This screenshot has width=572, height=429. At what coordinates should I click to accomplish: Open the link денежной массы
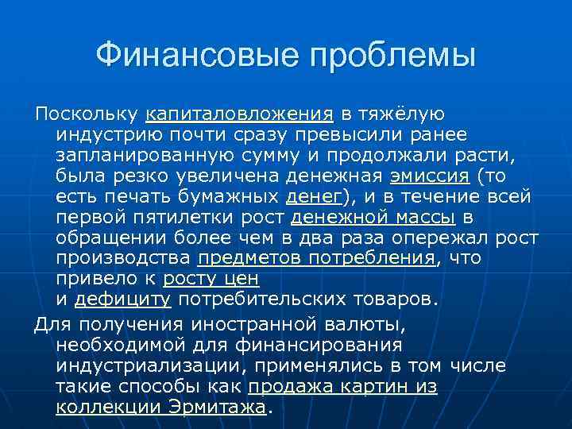tap(373, 216)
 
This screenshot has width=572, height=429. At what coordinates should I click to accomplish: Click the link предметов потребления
tap(317, 258)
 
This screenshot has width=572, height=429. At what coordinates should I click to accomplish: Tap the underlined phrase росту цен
tap(211, 279)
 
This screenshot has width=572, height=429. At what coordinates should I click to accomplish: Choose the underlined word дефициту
tap(122, 300)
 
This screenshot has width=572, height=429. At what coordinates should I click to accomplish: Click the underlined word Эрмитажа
tap(216, 407)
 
